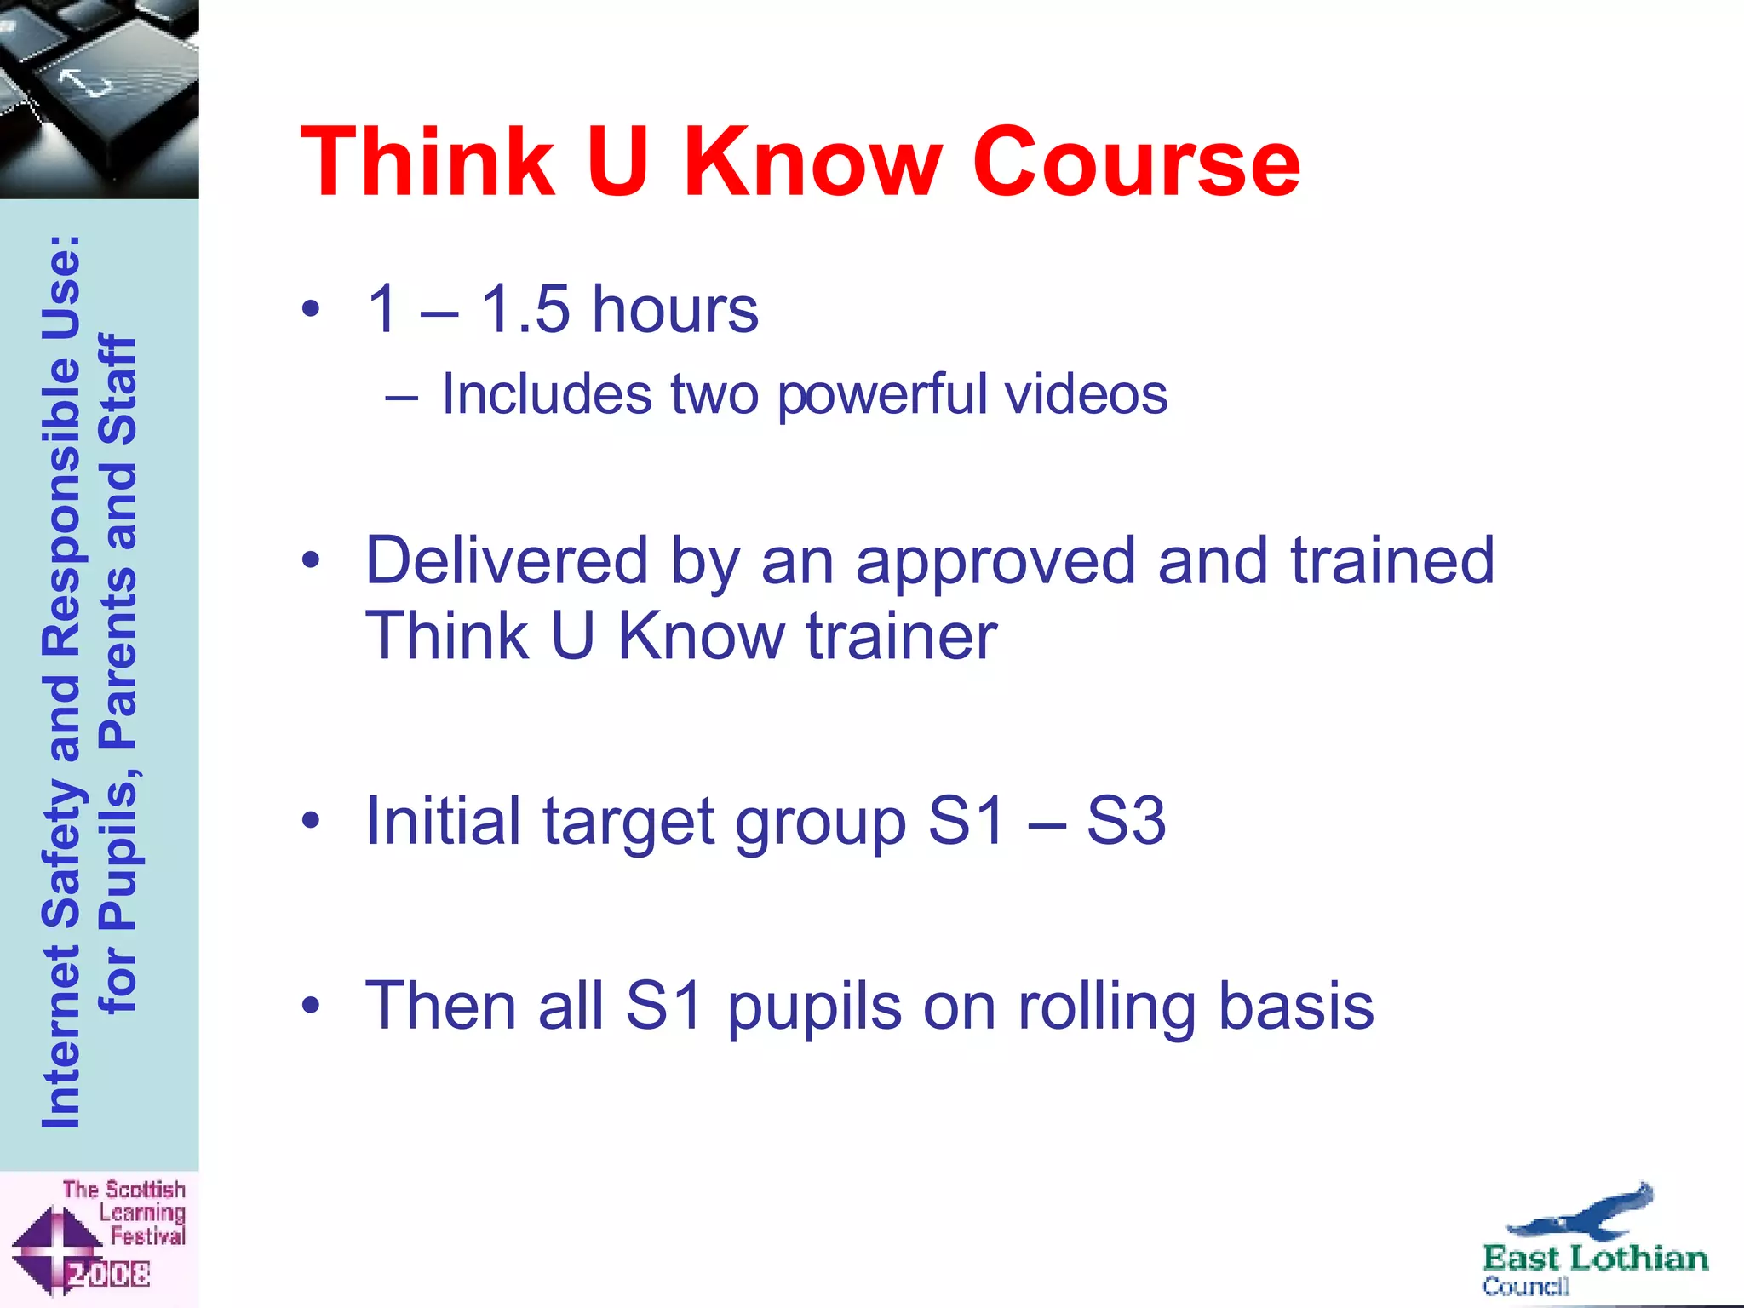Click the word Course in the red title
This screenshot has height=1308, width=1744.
pos(1136,162)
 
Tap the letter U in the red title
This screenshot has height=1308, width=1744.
pos(617,162)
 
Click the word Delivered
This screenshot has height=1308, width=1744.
pos(507,560)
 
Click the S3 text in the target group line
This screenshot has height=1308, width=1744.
pos(1125,821)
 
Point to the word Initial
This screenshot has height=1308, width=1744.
pos(443,821)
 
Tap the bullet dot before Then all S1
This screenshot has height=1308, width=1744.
pos(311,1006)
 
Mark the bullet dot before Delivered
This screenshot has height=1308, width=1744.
pos(311,560)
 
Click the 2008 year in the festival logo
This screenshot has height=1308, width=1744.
pos(108,1274)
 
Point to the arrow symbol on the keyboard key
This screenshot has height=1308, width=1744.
pos(85,83)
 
